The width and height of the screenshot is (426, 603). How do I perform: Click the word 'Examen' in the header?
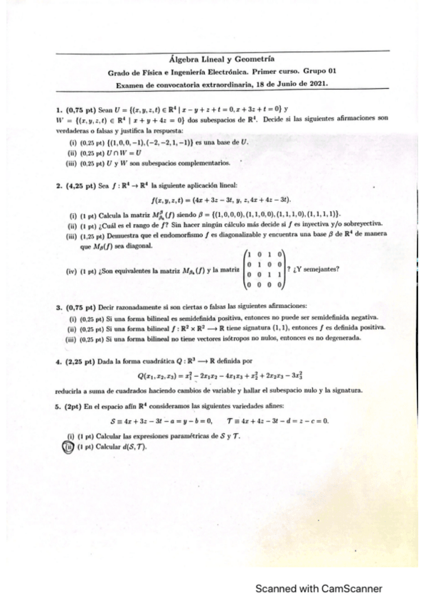tap(130, 83)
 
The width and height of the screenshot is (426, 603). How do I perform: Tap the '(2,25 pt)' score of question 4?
tap(78, 361)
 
